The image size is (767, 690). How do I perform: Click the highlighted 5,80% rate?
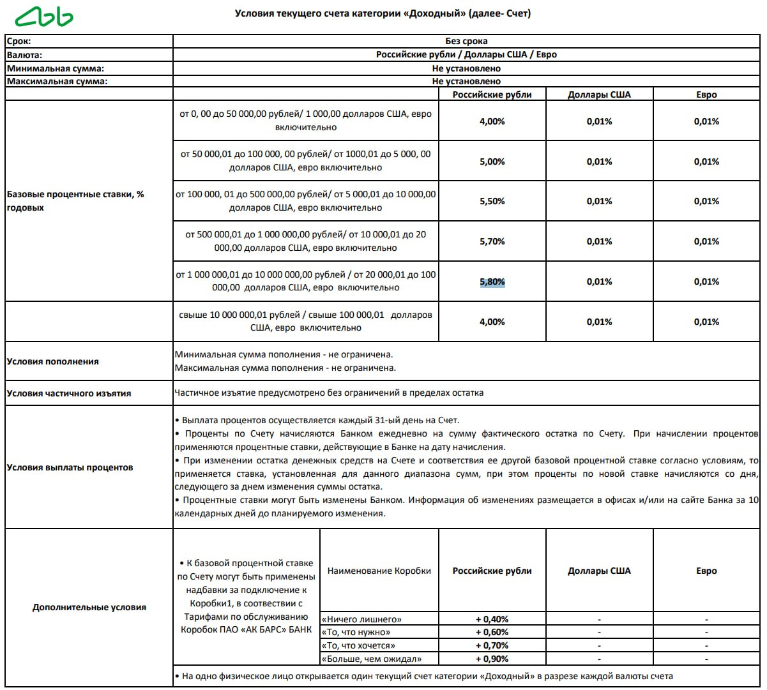point(492,281)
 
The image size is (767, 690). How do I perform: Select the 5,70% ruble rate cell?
point(492,241)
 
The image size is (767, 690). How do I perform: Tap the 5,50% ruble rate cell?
point(492,201)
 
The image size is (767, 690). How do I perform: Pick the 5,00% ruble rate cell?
point(492,161)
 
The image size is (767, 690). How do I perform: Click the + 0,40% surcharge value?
point(492,619)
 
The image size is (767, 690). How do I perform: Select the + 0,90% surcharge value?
point(492,659)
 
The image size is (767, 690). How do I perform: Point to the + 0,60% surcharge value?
point(492,632)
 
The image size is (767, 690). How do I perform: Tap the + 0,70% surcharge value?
point(492,645)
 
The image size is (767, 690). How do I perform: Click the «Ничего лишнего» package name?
point(362,619)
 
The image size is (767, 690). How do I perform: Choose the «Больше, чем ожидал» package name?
point(372,659)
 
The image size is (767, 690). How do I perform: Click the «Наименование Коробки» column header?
point(379,571)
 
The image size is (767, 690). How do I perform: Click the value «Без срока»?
point(466,41)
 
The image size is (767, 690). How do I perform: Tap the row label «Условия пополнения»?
point(53,361)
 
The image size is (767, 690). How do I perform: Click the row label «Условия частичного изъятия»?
point(69,393)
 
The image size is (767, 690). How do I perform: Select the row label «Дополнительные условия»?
point(89,607)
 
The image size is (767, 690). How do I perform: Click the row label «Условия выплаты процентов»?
point(70,467)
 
